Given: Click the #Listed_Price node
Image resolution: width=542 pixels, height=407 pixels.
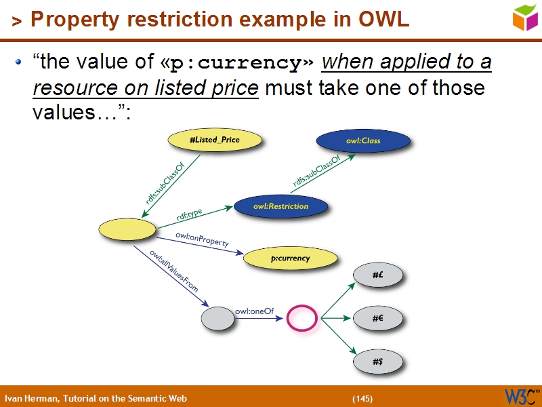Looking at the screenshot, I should tap(214, 140).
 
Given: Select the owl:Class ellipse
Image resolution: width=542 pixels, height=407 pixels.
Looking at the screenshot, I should tap(363, 140).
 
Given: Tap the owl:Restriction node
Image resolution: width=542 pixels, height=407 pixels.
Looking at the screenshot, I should tap(280, 206).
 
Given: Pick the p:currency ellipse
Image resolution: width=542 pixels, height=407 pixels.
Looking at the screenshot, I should tap(290, 258).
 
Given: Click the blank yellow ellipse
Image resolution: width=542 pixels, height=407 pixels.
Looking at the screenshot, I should tap(127, 230).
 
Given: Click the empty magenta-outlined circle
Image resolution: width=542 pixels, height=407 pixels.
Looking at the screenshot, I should tap(302, 317).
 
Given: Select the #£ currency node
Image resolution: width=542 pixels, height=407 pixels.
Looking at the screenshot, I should tap(378, 275).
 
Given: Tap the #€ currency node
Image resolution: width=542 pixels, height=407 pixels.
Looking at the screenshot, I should tap(378, 317).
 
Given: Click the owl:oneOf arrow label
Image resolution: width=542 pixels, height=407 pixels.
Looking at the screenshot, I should tap(253, 311).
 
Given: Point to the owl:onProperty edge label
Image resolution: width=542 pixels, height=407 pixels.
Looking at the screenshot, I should tap(202, 239).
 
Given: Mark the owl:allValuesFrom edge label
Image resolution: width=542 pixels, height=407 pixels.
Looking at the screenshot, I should tap(174, 271).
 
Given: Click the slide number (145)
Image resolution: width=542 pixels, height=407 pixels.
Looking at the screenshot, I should tap(362, 398).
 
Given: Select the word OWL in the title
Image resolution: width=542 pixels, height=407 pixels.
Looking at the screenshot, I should tap(384, 20).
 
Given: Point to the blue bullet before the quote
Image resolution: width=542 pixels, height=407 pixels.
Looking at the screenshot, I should tap(19, 63).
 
